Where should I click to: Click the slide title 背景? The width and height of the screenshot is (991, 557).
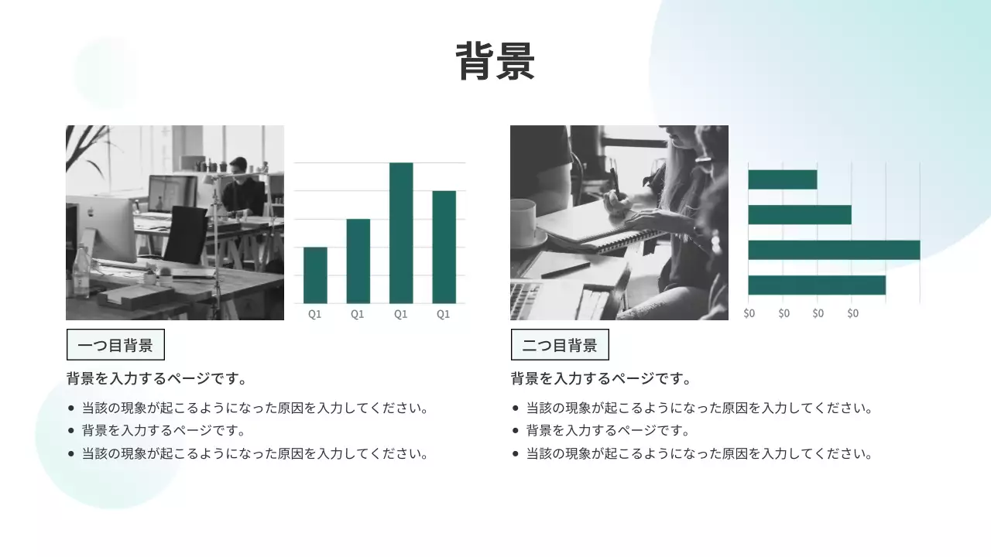pos(495,62)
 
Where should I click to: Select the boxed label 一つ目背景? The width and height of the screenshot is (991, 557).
pos(115,345)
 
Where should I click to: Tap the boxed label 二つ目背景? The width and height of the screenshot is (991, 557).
pos(560,345)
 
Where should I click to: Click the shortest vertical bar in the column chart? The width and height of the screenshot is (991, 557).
pos(315,275)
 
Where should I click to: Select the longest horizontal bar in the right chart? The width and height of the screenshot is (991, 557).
pos(834,250)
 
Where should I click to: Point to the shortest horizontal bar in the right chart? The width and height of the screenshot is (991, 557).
pos(782,179)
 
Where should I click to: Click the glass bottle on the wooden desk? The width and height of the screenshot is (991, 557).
pos(81,271)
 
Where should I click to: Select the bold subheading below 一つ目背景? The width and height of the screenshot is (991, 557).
pos(157,379)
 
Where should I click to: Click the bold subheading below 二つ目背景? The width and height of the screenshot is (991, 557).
pos(601,379)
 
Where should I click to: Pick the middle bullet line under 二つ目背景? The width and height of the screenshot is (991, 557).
pos(607,431)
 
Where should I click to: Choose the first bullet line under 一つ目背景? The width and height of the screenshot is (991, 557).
pos(255,408)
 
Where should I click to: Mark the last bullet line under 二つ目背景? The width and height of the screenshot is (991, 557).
pos(699,454)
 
